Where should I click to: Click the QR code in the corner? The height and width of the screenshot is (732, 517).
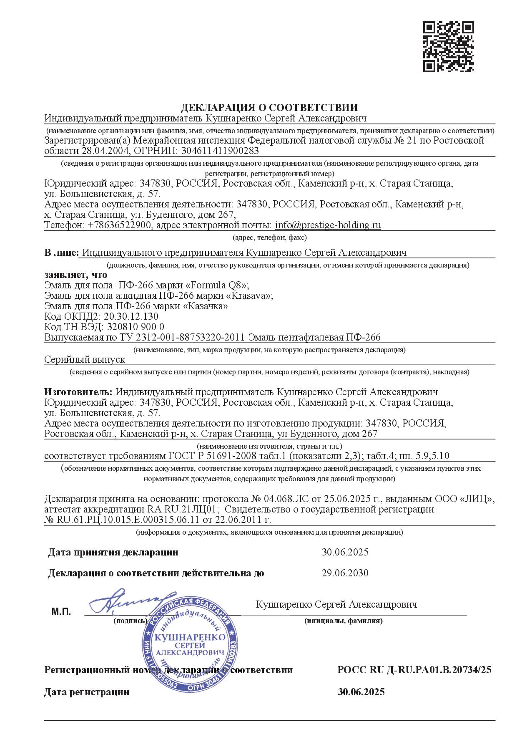448,46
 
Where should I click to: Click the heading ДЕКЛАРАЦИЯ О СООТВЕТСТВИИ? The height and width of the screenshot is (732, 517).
269,108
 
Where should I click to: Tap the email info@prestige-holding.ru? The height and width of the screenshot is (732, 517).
328,226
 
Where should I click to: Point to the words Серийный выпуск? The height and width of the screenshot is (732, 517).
85,359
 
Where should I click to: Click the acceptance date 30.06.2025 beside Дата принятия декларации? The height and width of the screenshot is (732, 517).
345,552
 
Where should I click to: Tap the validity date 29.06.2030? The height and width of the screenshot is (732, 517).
345,573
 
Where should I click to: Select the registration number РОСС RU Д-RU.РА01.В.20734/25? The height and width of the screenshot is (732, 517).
414,670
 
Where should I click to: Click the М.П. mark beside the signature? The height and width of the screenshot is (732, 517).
61,612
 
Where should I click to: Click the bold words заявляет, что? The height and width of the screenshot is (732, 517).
75,275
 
